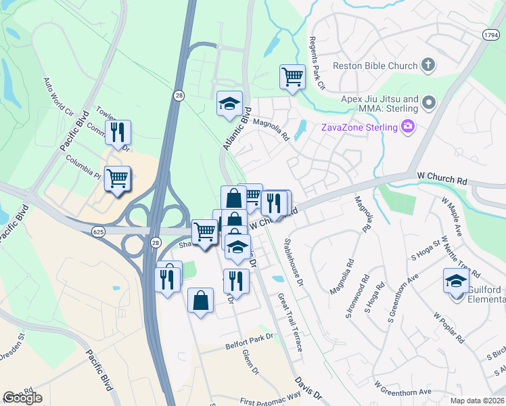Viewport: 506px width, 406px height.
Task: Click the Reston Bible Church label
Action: click(x=374, y=66)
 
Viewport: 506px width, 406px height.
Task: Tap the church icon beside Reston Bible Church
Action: click(x=428, y=66)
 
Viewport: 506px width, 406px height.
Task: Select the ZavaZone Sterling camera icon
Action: click(x=408, y=127)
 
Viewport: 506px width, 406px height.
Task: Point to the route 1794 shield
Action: click(x=491, y=34)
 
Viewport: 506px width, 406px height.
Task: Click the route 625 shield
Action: click(x=99, y=232)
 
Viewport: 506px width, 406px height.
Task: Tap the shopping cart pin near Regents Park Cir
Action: click(x=292, y=76)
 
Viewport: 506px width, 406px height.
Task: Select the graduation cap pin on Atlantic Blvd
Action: click(x=229, y=104)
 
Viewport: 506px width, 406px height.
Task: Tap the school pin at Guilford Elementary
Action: click(x=456, y=281)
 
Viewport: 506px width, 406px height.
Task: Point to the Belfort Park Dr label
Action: click(x=248, y=346)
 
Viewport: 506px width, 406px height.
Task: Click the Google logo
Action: click(x=22, y=398)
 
